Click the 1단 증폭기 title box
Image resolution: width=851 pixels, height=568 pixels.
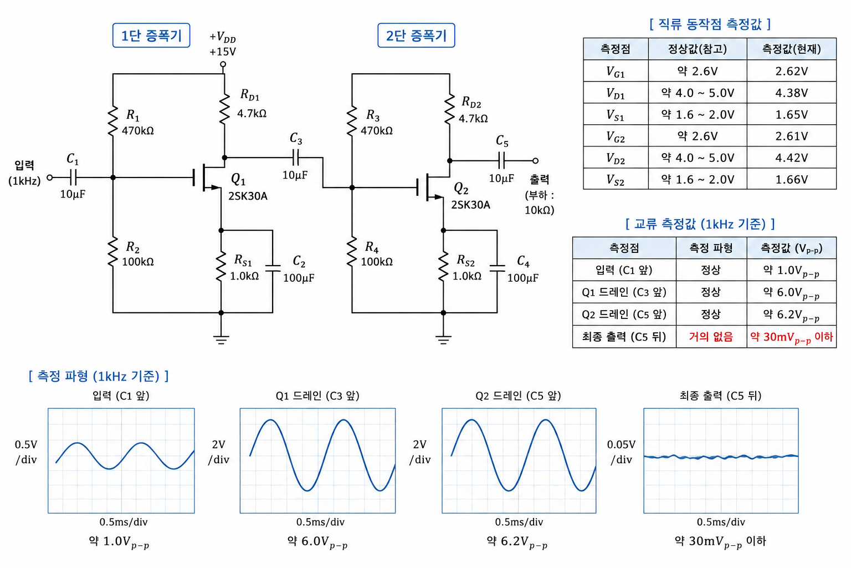coord(151,35)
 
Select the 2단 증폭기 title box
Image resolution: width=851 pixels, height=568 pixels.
coord(416,35)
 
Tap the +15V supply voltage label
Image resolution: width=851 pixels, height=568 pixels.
coord(223,52)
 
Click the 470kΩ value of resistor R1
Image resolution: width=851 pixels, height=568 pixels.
coord(138,130)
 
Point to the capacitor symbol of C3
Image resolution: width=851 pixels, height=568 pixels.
coord(296,157)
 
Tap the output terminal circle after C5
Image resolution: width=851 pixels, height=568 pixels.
coord(535,160)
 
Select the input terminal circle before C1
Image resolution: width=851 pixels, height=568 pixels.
coord(50,177)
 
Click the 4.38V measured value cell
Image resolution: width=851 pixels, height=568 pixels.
coord(791,93)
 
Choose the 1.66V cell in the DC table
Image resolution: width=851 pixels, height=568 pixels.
coord(791,179)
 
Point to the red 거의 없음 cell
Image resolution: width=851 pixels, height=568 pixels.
coord(711,337)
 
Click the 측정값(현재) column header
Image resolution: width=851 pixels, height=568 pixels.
coord(791,49)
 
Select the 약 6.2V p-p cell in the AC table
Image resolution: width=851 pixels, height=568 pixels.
coord(791,315)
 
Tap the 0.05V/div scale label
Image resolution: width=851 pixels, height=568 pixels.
coord(621,452)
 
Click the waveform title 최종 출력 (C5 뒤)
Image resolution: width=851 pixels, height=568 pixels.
coord(720,395)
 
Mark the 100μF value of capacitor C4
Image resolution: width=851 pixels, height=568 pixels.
coord(523,278)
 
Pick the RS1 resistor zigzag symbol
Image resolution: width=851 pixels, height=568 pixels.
coord(221,266)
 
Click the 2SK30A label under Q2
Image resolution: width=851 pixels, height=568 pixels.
coord(470,205)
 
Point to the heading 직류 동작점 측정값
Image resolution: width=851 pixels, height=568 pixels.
coord(710,24)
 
